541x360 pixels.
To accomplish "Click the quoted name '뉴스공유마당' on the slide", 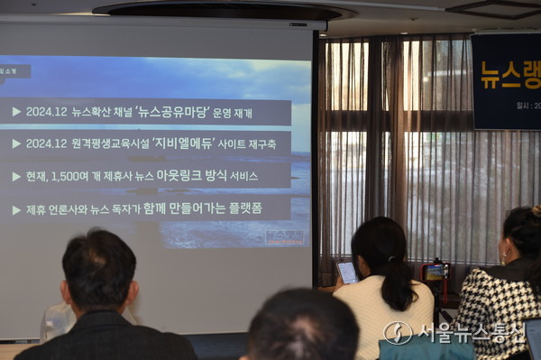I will click(180, 113).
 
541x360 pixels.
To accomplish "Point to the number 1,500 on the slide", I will click(78, 176).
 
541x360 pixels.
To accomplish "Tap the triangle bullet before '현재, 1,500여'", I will click(16, 177).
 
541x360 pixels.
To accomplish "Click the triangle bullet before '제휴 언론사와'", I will click(16, 210).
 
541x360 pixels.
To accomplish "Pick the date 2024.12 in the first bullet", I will click(46, 113).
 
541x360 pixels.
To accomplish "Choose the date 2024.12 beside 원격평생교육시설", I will click(46, 143).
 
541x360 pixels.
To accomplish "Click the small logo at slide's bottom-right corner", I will click(285, 236).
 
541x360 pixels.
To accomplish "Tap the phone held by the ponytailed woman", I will click(347, 272).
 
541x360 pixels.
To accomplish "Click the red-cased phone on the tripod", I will click(436, 270).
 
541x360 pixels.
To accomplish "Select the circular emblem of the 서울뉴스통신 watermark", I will click(398, 333).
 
